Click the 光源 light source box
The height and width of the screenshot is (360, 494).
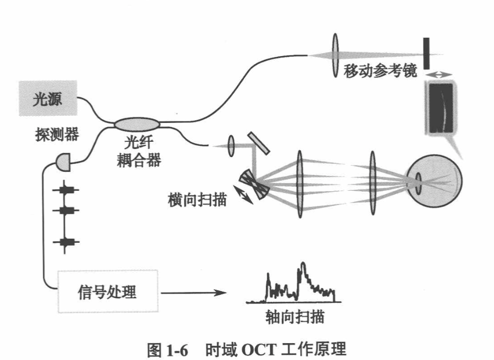[47, 99]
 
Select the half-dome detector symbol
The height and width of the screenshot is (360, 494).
[63, 163]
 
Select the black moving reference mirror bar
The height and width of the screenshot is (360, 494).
[426, 53]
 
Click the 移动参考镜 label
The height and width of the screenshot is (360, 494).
[380, 71]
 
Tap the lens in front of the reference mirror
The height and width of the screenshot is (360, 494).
[335, 55]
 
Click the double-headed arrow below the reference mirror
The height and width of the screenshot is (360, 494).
[440, 74]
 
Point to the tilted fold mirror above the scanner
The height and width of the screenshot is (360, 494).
[260, 143]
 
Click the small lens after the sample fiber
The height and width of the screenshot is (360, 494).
[231, 146]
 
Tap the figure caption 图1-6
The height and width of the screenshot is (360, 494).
[167, 350]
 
